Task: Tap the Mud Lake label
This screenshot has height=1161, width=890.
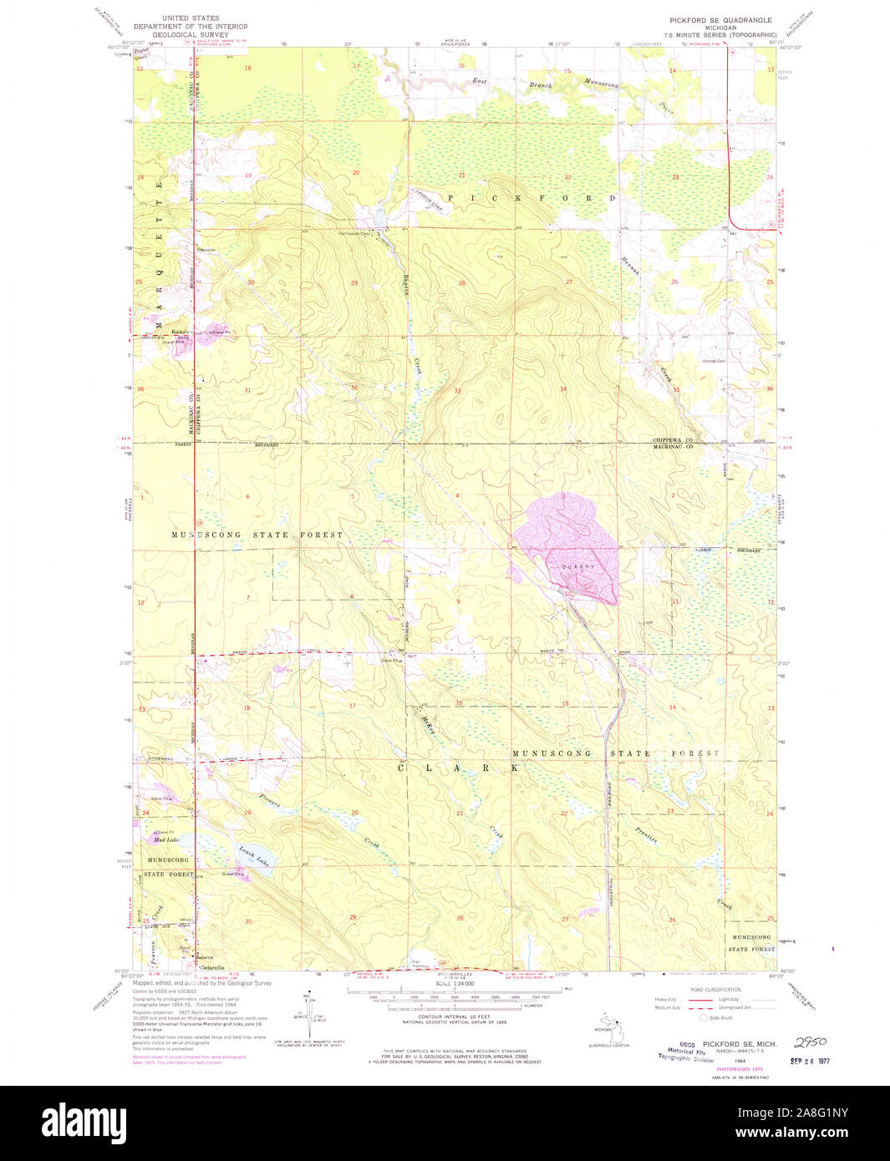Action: point(166,839)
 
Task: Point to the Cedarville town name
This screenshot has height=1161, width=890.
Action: point(211,967)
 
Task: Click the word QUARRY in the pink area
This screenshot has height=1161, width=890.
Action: point(577,566)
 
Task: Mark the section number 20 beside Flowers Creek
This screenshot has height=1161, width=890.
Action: point(354,812)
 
